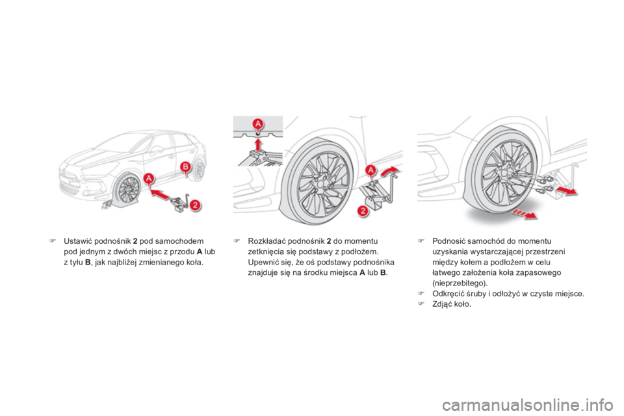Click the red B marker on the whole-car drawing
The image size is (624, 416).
tap(185, 167)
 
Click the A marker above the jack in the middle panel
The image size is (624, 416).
tap(372, 170)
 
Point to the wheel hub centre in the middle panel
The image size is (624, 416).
tap(319, 183)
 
